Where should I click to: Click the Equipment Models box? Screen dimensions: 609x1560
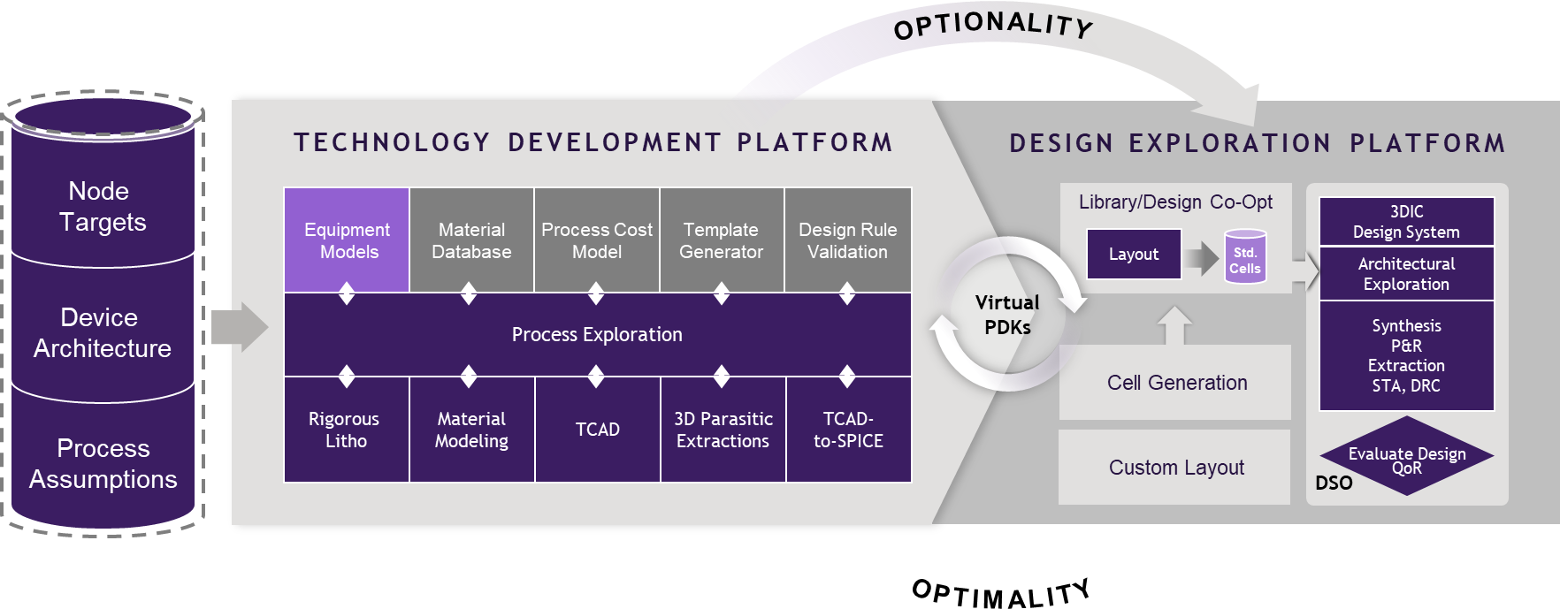347,240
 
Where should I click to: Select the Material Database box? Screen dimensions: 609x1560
471,240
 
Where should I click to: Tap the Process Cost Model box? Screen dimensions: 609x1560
597,240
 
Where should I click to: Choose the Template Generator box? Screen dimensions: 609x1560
722,240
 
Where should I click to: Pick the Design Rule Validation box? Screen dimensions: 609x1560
847,240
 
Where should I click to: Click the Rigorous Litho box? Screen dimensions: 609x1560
346,430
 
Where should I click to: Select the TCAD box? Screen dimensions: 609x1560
597,430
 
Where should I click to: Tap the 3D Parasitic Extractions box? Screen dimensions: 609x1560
723,430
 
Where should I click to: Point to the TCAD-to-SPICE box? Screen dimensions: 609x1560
848,430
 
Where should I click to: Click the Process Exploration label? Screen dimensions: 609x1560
597,335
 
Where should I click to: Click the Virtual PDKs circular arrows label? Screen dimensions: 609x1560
1007,315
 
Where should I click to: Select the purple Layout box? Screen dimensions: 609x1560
1134,255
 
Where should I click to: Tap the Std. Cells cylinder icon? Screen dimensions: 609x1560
1245,258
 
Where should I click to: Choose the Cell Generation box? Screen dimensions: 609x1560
1176,383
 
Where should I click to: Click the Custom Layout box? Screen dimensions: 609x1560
1175,468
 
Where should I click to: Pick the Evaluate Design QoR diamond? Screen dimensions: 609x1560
1406,457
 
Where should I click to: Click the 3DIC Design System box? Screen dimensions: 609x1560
1406,222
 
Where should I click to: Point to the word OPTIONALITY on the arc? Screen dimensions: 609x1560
993,26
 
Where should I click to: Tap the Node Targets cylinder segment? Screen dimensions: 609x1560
103,207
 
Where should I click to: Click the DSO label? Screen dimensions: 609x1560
1334,483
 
